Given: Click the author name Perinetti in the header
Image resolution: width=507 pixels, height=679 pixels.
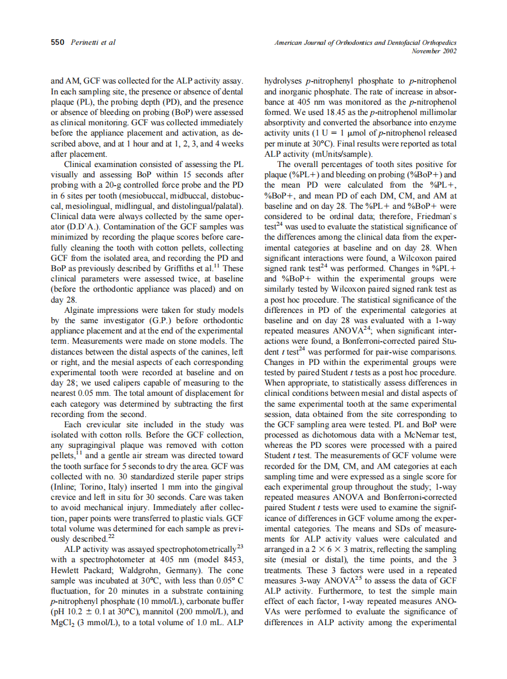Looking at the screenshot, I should point(85,42).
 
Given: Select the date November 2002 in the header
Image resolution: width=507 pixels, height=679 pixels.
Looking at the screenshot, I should point(433,51).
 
